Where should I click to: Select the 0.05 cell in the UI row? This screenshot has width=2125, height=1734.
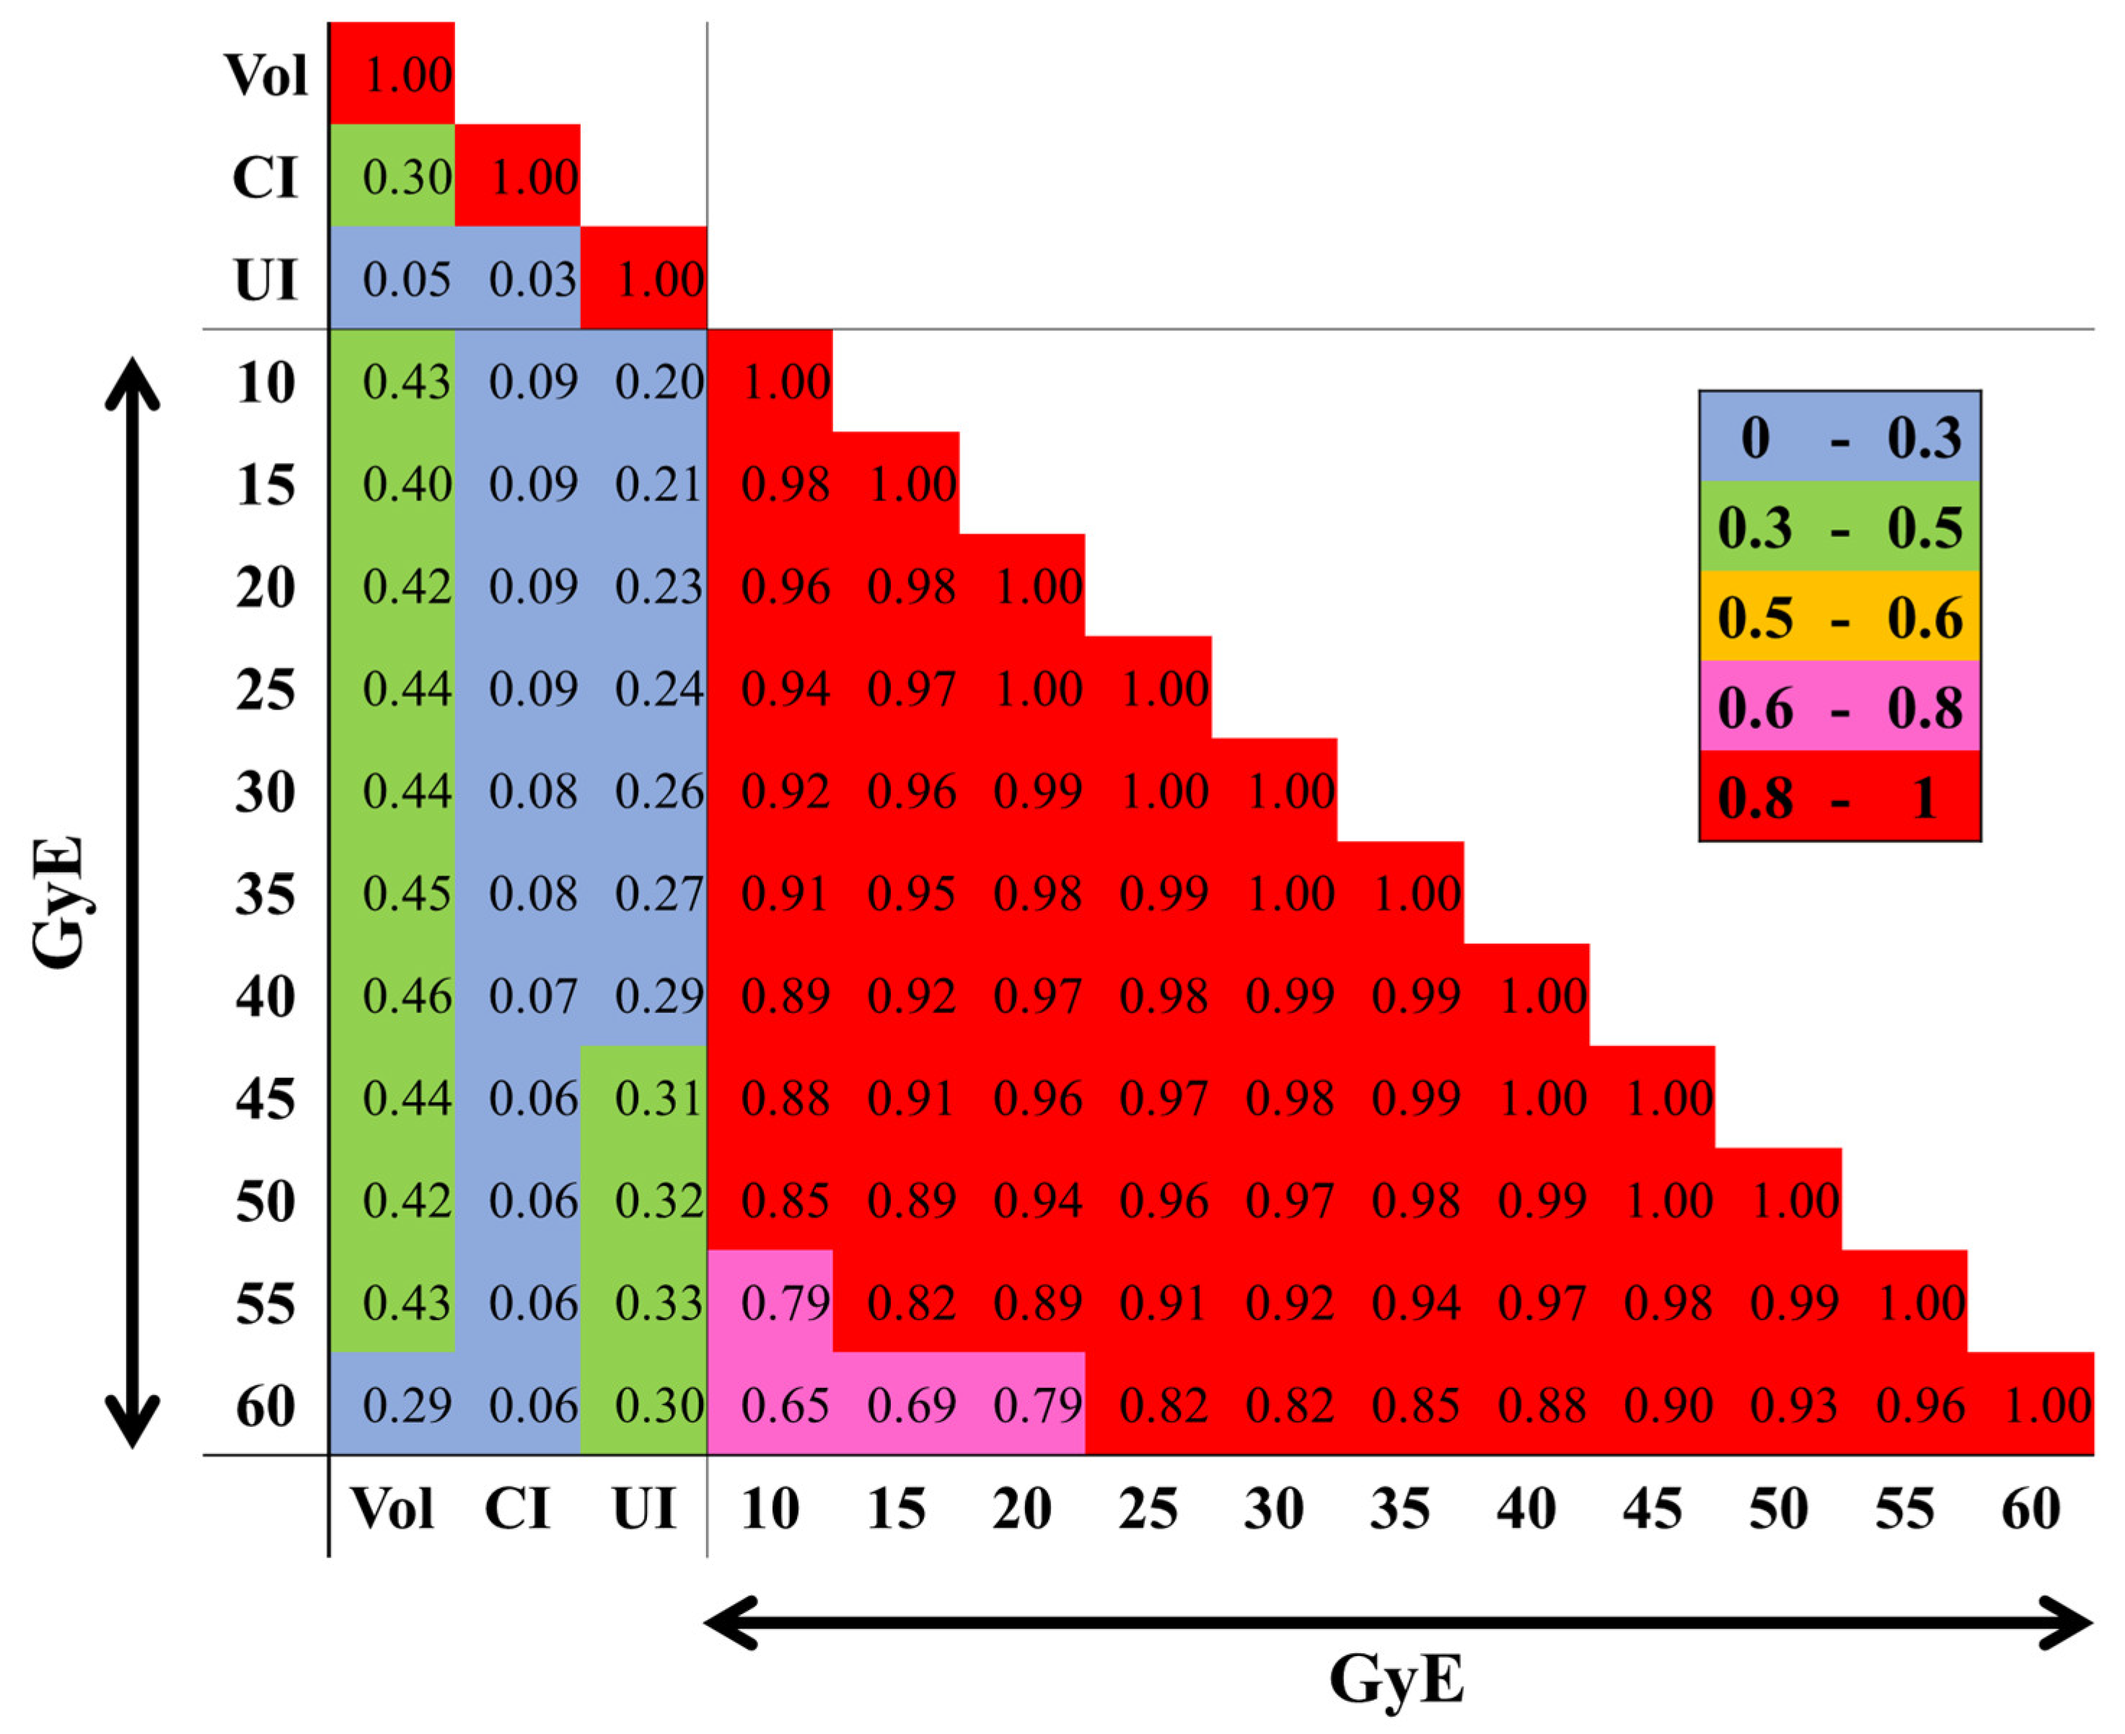(x=407, y=280)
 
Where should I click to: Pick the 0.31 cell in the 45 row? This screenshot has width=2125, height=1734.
(x=659, y=1099)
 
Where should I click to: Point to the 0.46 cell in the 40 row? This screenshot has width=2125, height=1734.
(x=407, y=996)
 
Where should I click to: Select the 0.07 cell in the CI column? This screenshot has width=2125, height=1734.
(x=532, y=996)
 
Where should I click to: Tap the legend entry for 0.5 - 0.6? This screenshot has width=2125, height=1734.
(x=1839, y=616)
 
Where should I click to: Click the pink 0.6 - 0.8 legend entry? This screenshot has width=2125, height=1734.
(x=1839, y=706)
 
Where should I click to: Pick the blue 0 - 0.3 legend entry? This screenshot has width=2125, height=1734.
(x=1839, y=436)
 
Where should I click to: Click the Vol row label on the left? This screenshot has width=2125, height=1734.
(x=265, y=75)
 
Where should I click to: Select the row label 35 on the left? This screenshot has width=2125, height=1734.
(x=265, y=893)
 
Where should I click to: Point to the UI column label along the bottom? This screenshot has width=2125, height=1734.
(x=644, y=1508)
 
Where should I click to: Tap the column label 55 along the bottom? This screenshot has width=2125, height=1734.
(x=1904, y=1508)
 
